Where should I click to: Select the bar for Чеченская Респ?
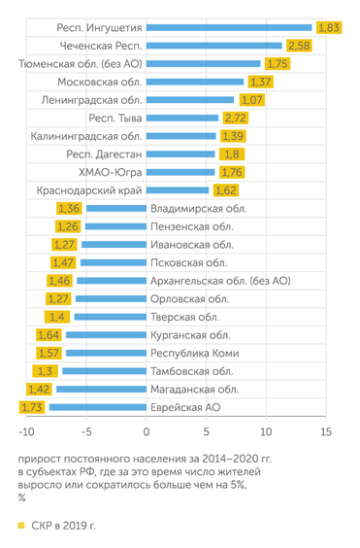tap(214, 46)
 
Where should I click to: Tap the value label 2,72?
tap(234, 118)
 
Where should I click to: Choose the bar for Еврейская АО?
tap(98, 407)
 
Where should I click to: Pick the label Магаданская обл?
tap(192, 389)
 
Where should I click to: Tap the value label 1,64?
tap(49, 335)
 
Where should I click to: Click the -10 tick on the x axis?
tap(26, 431)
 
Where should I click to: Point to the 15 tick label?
tap(325, 431)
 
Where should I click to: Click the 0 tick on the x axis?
tap(147, 431)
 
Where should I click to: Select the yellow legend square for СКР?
tap(20, 526)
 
